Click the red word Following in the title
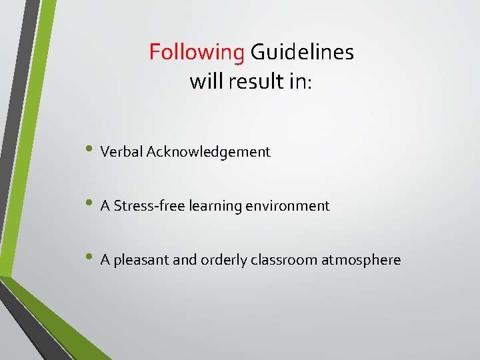point(197,52)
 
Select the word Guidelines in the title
point(302,52)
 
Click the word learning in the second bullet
point(215,206)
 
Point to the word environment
point(287,206)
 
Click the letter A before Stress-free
point(105,206)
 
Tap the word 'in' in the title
point(297,81)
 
